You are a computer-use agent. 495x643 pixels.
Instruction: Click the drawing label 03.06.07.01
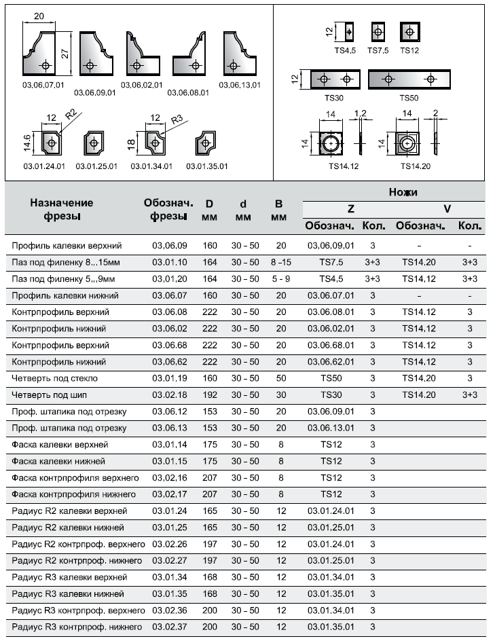(42, 85)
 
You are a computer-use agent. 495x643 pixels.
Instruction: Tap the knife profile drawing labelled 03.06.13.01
(238, 57)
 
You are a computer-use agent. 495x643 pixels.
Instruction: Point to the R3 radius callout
(177, 120)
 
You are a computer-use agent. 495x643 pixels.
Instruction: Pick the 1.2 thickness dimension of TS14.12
(360, 113)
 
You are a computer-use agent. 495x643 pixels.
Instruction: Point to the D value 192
(209, 394)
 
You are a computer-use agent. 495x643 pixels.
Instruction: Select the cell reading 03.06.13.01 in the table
(331, 428)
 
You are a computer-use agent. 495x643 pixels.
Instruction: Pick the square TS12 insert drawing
(409, 33)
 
